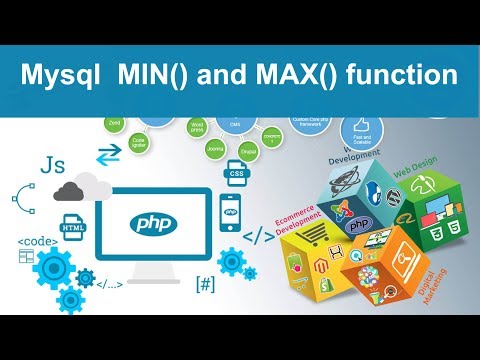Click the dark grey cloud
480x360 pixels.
(x=72, y=190)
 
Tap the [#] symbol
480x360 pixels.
(x=206, y=283)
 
